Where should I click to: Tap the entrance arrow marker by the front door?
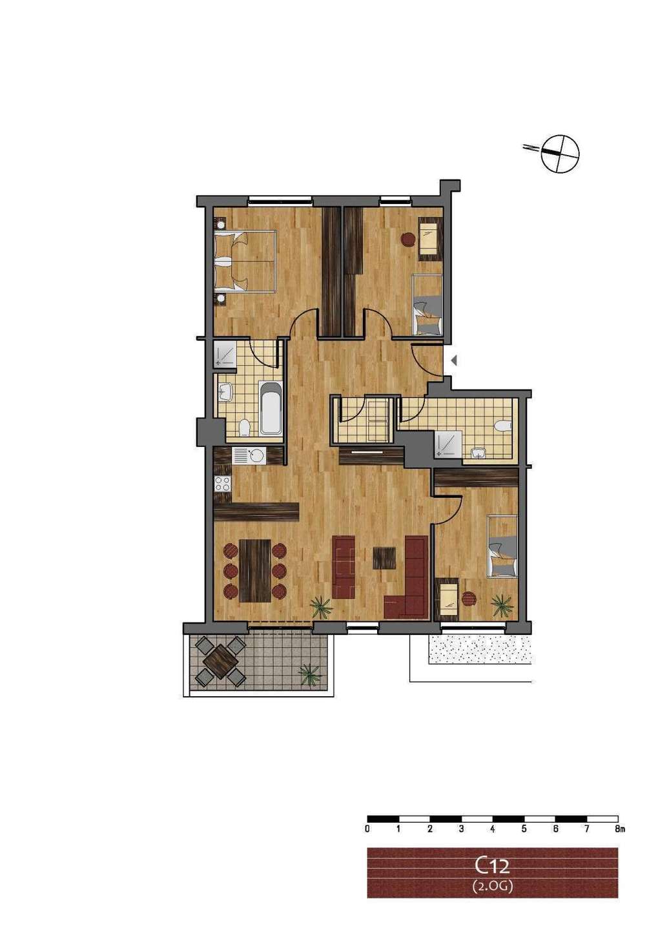point(454,360)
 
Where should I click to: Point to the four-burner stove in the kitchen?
point(222,483)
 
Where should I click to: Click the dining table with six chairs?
point(255,570)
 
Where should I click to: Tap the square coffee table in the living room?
point(384,558)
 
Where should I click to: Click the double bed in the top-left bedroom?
point(245,262)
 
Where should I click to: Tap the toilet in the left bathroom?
point(245,428)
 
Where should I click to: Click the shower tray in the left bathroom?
point(225,354)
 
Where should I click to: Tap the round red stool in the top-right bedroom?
point(407,239)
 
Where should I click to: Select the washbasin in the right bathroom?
point(480,453)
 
